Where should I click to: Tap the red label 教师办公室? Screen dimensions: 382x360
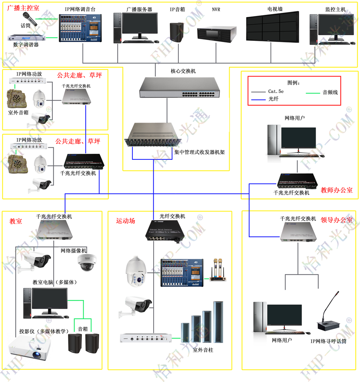tap(337, 190)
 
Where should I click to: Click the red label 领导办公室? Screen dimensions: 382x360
tap(337, 219)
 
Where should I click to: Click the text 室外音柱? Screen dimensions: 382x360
tap(204, 350)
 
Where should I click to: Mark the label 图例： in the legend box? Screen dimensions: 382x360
tap(294, 83)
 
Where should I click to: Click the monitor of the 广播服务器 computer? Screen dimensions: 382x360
tap(139, 26)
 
